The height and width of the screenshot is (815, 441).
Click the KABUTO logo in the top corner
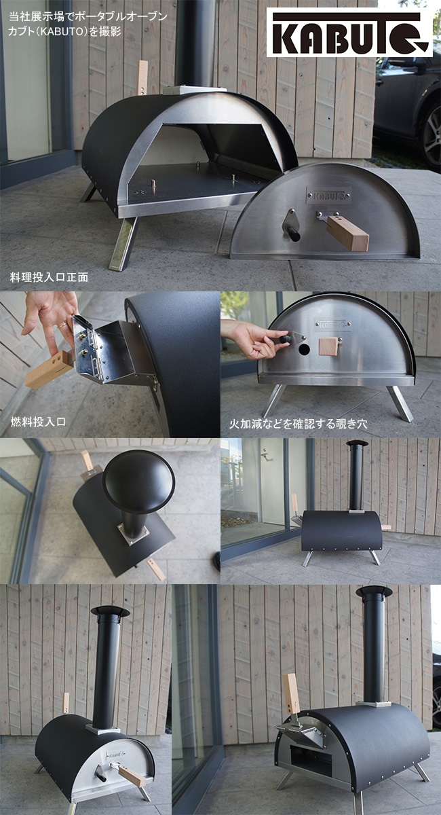pyautogui.click(x=349, y=32)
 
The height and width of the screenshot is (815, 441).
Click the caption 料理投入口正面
pyautogui.click(x=49, y=278)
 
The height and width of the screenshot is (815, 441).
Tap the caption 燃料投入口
pyautogui.click(x=38, y=422)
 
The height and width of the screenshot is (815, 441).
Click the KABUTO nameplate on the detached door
pyautogui.click(x=328, y=195)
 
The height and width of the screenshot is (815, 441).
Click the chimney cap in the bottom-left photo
pyautogui.click(x=110, y=611)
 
